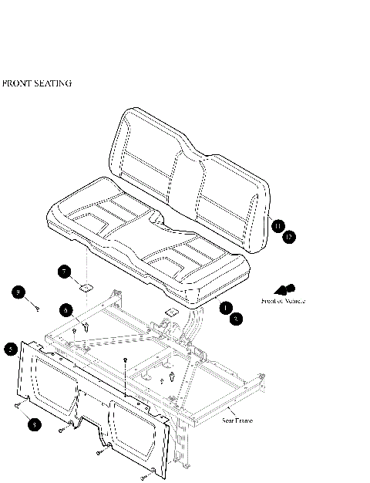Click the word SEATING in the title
(x=55, y=83)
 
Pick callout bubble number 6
(x=67, y=309)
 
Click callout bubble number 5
(x=11, y=349)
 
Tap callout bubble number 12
(x=288, y=237)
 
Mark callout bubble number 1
(x=225, y=307)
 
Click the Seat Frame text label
(x=238, y=421)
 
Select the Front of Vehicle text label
(x=283, y=301)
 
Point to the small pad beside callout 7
(x=86, y=286)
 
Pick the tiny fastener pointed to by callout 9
(x=37, y=308)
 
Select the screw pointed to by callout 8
(x=18, y=404)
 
